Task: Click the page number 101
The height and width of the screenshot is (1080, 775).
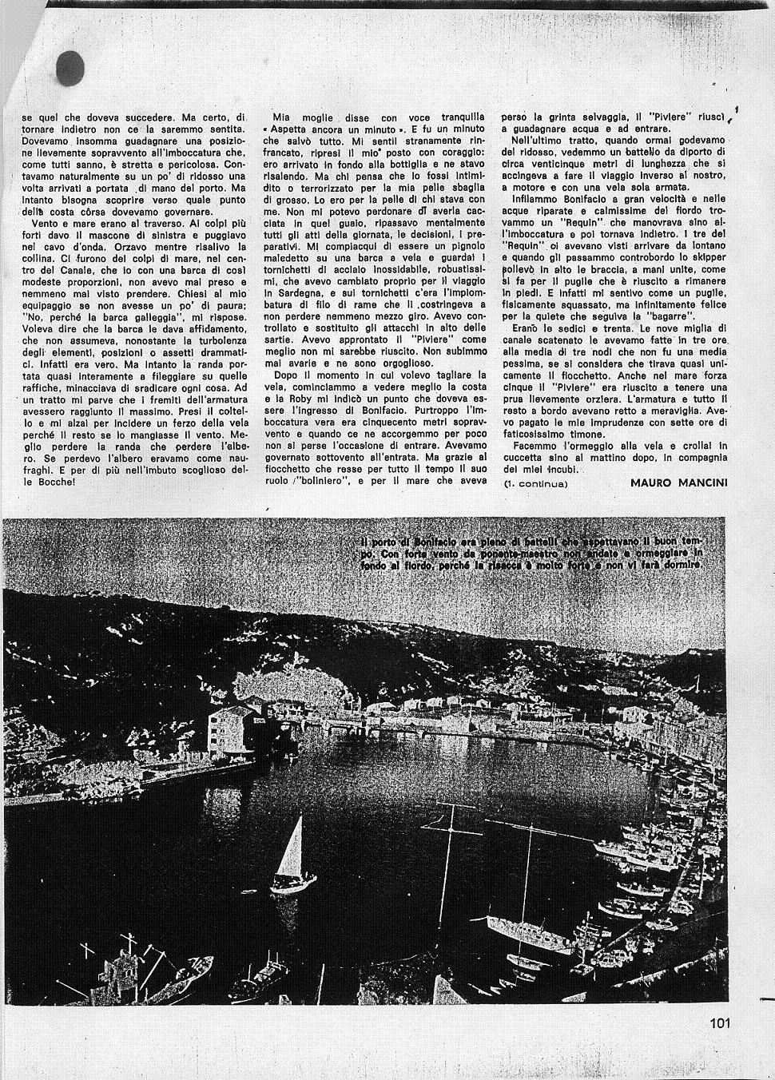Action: [719, 1022]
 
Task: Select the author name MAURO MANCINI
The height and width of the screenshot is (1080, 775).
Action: [678, 482]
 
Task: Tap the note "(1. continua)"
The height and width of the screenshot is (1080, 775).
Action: [535, 483]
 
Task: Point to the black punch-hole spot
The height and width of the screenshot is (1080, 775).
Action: [70, 68]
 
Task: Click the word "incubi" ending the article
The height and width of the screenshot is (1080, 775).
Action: [562, 470]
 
